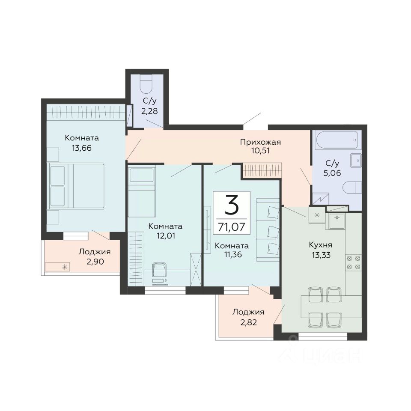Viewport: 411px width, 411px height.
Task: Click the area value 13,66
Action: point(82,148)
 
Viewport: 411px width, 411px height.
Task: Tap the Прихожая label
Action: point(260,142)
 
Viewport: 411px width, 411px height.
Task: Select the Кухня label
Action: point(321,245)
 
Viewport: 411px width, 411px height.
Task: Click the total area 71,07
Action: point(232,226)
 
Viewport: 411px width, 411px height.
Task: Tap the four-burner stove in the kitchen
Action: point(353,262)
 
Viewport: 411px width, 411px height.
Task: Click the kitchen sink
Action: point(337,217)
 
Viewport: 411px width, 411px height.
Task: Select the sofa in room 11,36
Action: point(268,230)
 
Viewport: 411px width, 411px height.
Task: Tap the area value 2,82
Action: point(248,322)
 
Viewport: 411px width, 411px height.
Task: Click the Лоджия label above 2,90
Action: point(95,252)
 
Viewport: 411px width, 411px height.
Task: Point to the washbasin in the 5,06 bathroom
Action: point(356,160)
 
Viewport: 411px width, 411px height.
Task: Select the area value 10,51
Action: point(260,151)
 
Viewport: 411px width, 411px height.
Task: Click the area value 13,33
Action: point(321,255)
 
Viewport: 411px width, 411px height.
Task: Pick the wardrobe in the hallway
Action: point(262,170)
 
